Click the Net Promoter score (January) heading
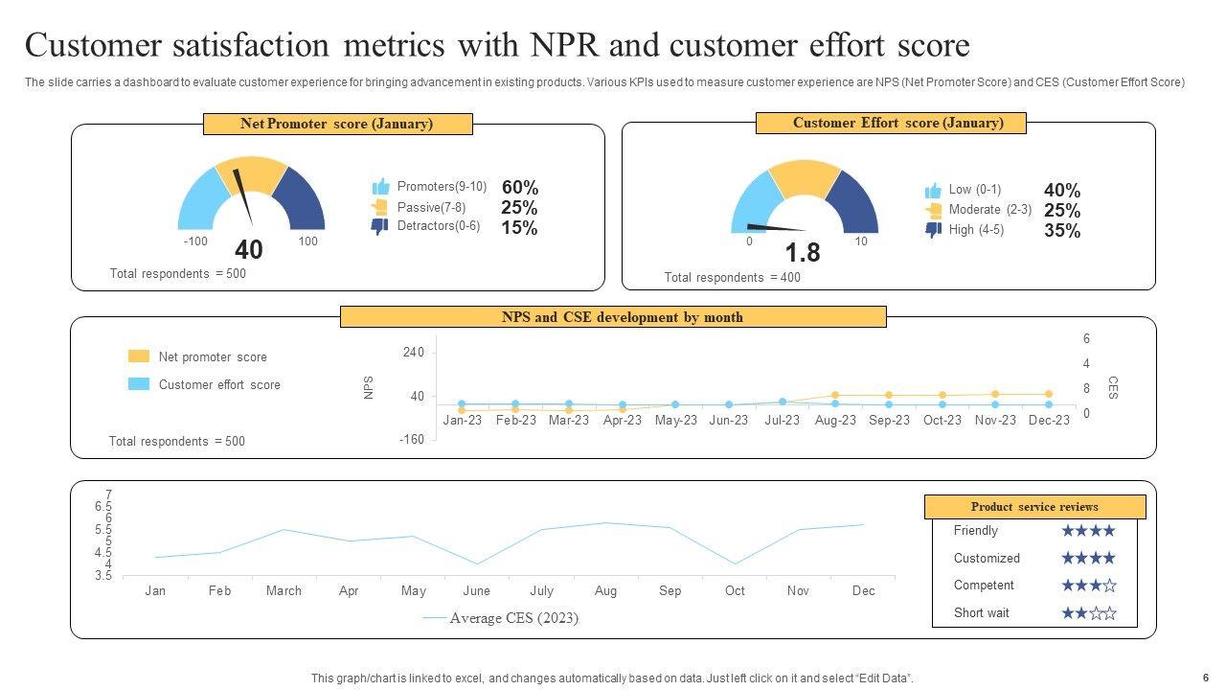tap(337, 124)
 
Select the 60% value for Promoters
tap(519, 188)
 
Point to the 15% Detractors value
tap(518, 228)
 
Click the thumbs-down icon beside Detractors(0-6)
tap(379, 227)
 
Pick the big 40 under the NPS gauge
tap(248, 250)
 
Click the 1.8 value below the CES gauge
tap(802, 253)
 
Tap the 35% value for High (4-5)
tap(1062, 231)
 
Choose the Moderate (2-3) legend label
tap(989, 210)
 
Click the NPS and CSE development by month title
tap(613, 317)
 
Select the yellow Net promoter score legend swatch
tap(139, 356)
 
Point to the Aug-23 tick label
tap(835, 421)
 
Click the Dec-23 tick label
tap(1049, 421)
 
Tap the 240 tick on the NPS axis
tap(413, 353)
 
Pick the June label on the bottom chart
tap(476, 591)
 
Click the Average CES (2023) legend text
tap(513, 618)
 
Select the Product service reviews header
tap(1034, 507)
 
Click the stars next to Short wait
tap(1088, 613)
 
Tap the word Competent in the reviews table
tap(983, 586)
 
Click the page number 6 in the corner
tap(1206, 677)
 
